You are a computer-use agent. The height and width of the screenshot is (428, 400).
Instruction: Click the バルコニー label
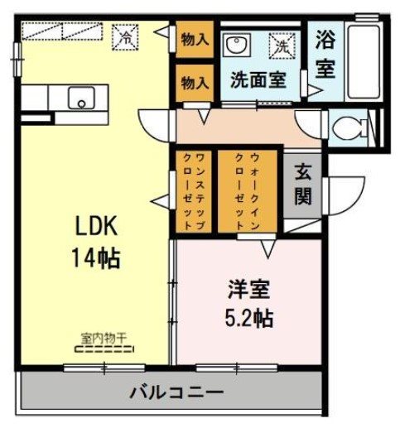tap(176, 391)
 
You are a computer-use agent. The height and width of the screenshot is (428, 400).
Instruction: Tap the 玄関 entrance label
tap(301, 186)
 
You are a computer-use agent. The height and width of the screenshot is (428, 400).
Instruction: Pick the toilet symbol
tap(348, 128)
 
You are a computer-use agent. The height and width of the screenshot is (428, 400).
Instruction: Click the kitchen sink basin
tap(82, 98)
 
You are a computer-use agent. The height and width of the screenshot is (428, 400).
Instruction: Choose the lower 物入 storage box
tap(194, 83)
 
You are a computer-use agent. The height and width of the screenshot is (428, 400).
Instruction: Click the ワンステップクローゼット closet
tap(192, 190)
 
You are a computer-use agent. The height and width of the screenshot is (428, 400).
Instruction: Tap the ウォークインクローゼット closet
tap(248, 190)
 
